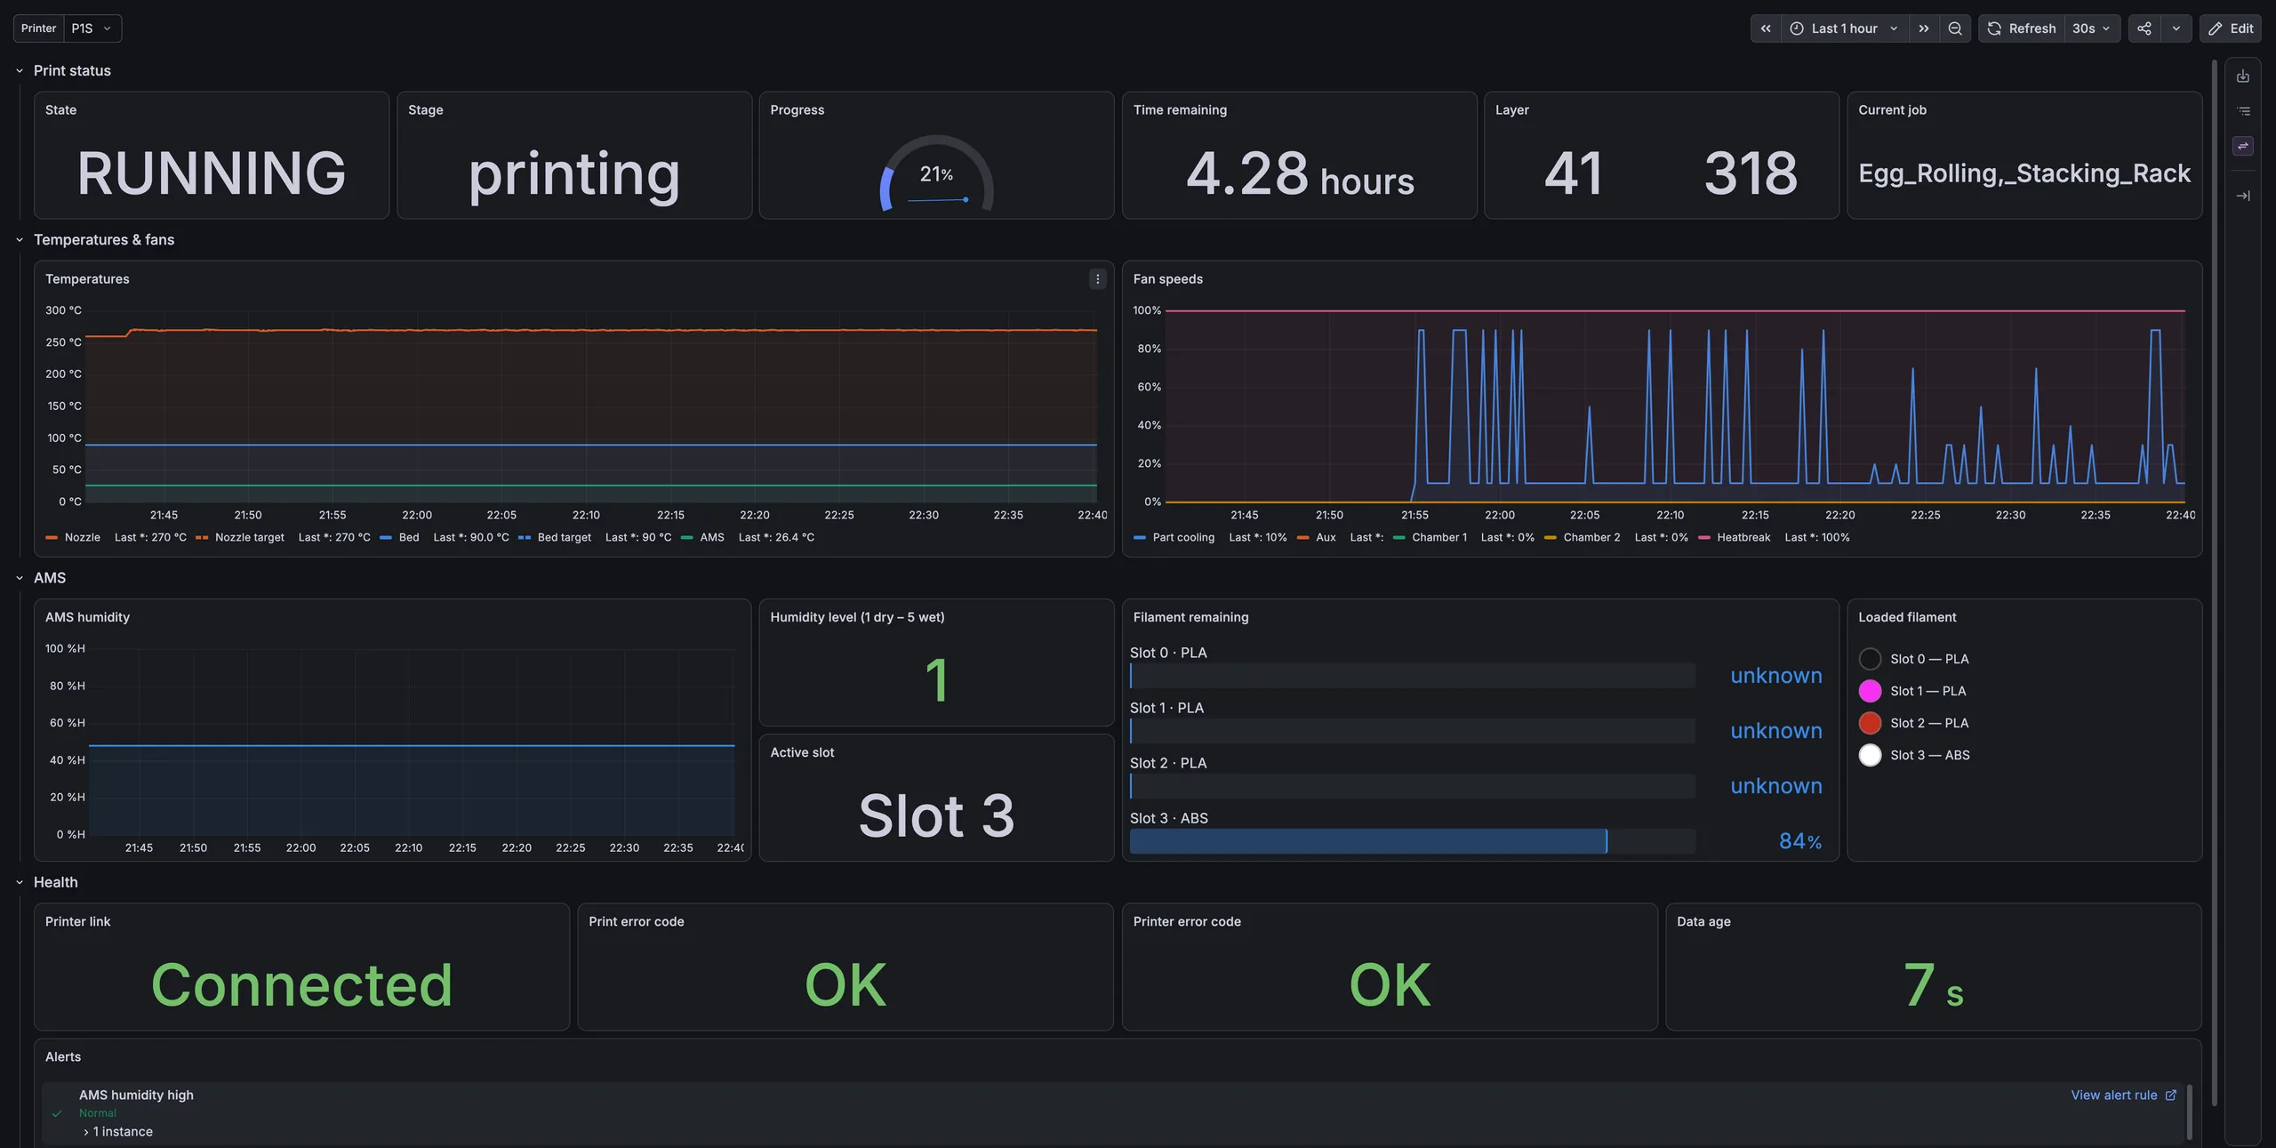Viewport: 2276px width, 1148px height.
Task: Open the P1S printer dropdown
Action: [92, 28]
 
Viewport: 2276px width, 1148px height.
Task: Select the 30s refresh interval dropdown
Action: [2091, 28]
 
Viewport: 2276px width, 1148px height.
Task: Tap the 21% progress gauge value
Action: [936, 174]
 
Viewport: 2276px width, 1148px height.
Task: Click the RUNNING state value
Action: [211, 173]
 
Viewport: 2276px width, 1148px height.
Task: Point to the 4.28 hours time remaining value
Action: [1299, 173]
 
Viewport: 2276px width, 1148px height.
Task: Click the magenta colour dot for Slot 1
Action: [1870, 691]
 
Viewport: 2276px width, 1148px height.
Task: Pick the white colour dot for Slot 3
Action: [1870, 755]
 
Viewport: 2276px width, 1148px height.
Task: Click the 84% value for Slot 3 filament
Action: [1800, 841]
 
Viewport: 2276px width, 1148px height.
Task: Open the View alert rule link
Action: [2123, 1095]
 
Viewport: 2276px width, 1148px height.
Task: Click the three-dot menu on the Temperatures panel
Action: [1097, 279]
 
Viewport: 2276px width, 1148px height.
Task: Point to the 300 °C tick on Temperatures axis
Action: [63, 310]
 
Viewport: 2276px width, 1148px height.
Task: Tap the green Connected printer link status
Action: [301, 984]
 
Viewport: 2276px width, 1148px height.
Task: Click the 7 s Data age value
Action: [1933, 985]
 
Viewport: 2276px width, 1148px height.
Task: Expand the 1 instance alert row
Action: [117, 1131]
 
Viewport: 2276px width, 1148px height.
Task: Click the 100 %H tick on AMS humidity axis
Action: [65, 648]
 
